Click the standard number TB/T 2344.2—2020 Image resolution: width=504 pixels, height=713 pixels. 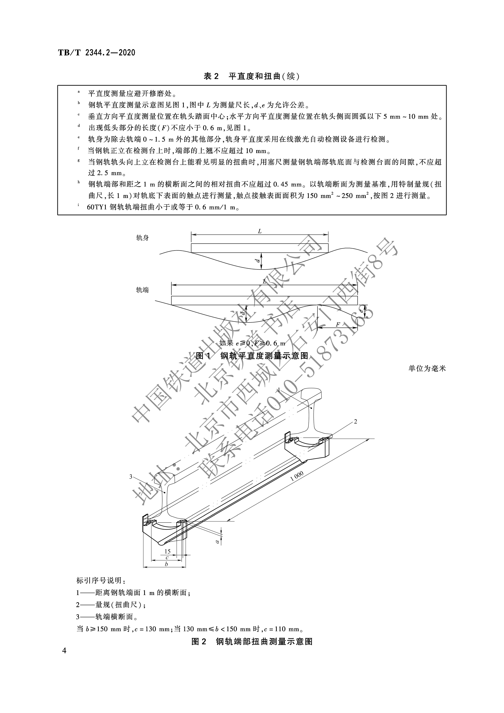(x=97, y=53)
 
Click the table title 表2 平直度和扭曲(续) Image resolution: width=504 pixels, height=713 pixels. (x=252, y=76)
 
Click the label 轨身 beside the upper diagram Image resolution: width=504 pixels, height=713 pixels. (x=143, y=238)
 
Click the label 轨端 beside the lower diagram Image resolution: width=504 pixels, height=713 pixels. (x=143, y=290)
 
